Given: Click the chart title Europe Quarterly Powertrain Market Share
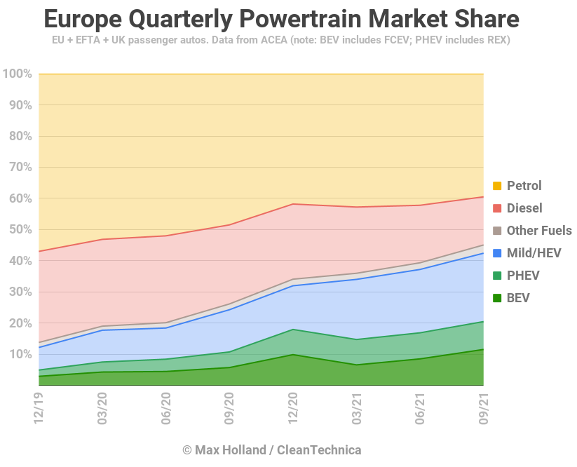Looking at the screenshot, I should [281, 18].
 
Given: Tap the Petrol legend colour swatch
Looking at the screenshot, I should [497, 186].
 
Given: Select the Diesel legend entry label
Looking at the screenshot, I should [524, 208].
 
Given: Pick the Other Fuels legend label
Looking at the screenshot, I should [539, 231].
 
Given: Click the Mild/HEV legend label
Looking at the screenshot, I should [534, 253].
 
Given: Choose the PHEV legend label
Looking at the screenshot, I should [523, 276].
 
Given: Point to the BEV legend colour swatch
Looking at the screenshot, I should [497, 298].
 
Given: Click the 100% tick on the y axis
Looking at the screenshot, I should [18, 74].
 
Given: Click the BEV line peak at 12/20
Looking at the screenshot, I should [293, 354].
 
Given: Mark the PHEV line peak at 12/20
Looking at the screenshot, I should [293, 329].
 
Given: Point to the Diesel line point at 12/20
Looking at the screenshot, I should [293, 204].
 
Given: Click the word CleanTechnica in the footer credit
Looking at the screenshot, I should [319, 449].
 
